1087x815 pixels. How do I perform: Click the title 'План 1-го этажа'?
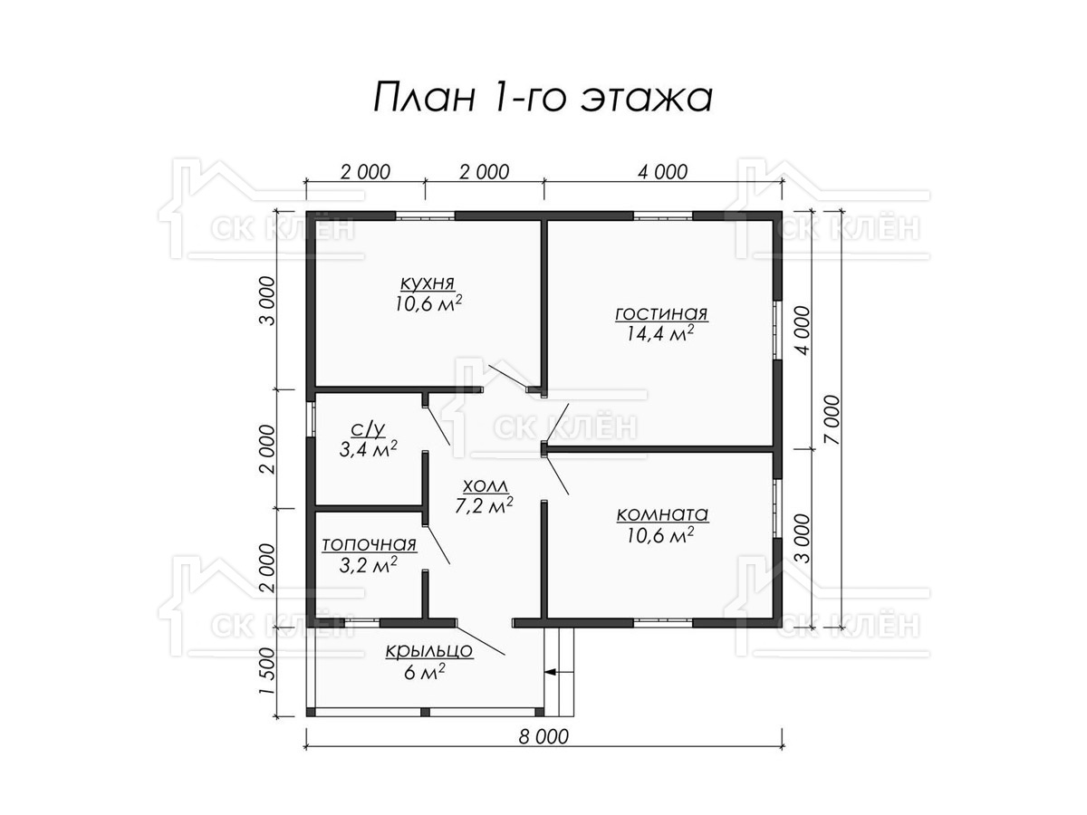[543, 97]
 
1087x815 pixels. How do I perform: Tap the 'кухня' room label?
[427, 283]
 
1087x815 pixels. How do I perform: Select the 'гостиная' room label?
[661, 315]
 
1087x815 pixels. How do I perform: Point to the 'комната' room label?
[662, 515]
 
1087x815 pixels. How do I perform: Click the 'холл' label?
[486, 486]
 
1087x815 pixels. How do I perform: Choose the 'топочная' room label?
[369, 545]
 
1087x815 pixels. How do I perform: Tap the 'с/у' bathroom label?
[368, 429]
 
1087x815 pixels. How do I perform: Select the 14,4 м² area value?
[660, 333]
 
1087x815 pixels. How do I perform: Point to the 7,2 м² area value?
[484, 505]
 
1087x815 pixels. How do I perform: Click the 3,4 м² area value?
[368, 449]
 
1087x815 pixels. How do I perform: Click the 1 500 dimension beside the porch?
[266, 672]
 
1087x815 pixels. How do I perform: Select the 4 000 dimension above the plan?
[662, 172]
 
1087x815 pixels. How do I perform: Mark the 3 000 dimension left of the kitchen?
[266, 301]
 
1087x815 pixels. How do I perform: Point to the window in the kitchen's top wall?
[425, 216]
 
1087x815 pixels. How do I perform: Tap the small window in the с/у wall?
[311, 419]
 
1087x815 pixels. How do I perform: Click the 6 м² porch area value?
[425, 672]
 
